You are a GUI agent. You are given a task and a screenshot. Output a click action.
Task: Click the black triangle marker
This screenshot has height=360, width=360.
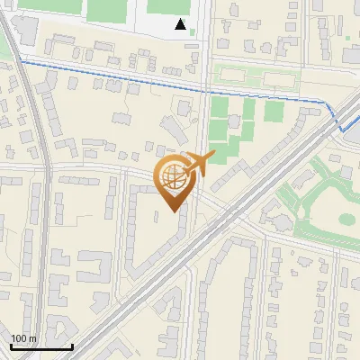[x=181, y=24]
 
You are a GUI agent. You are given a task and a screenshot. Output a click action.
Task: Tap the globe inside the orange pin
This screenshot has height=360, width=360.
[x=174, y=179]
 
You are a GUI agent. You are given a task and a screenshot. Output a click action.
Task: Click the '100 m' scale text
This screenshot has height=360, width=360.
[x=24, y=338]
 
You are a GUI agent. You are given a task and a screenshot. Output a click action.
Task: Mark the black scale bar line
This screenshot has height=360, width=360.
[x=41, y=346]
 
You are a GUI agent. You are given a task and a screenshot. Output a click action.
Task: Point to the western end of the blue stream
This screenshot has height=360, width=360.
[x=21, y=58]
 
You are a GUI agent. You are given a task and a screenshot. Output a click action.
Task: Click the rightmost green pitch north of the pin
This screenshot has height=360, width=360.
[x=274, y=111]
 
